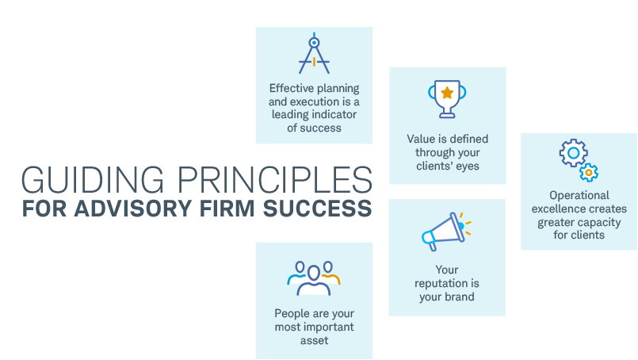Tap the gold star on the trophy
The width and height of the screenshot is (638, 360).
point(447,93)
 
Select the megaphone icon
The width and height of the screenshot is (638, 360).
point(446,232)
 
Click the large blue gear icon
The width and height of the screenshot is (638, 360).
point(573,153)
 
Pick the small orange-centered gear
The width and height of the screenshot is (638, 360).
point(588,173)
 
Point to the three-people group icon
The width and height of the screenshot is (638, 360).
point(314,278)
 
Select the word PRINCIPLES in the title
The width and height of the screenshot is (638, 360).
point(275,179)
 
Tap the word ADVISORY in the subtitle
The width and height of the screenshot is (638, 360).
point(132,208)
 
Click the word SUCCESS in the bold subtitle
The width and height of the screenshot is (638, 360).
point(317,208)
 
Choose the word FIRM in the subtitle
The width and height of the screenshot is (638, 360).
point(227,208)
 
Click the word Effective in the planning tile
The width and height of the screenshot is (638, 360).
point(292,88)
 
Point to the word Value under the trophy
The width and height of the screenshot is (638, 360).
point(419,139)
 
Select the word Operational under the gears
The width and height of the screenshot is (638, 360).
point(579,196)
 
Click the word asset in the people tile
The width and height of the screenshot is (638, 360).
point(314,340)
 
